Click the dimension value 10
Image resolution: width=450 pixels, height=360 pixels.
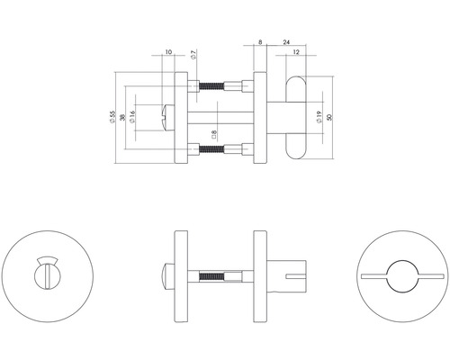169,52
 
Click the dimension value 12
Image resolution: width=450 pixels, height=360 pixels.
297,52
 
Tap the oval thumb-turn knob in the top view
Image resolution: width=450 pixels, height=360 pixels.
294,117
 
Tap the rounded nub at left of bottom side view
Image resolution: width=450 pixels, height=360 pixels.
166,273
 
